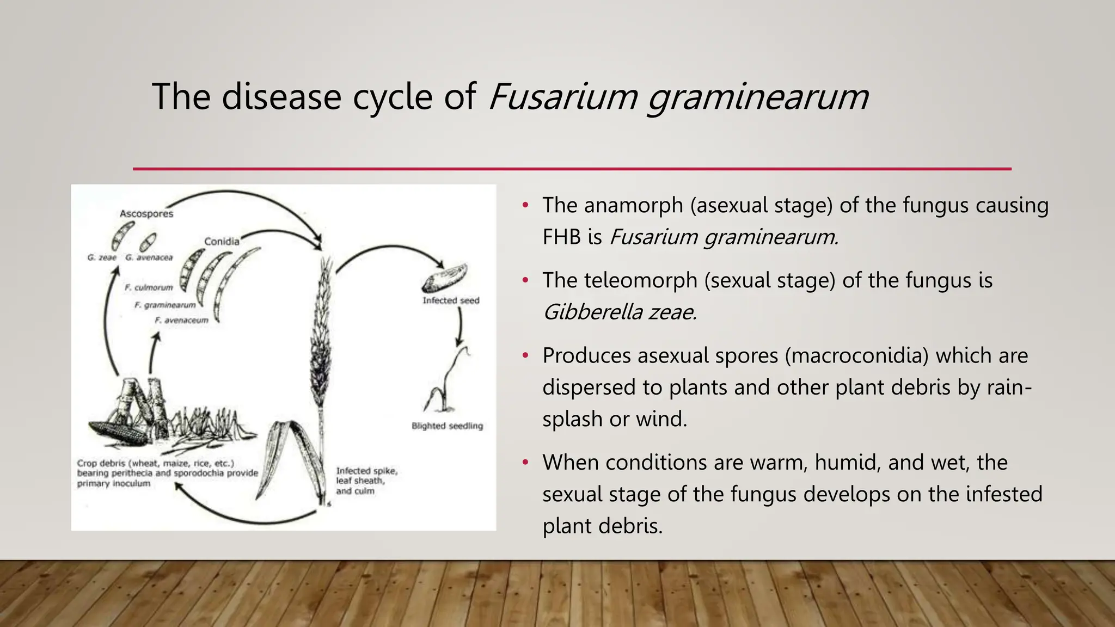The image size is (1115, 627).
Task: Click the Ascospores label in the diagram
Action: point(146,214)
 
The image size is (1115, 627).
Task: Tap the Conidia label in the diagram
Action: point(222,241)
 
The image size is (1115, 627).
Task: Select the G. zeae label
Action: point(102,257)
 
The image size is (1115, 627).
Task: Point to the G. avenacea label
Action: point(149,257)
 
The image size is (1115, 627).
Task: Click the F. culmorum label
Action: point(148,287)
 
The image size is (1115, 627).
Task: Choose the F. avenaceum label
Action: point(181,320)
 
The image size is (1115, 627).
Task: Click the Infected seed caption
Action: point(451,300)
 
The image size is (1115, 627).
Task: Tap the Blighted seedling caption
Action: point(447,426)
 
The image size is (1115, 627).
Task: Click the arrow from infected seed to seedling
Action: point(460,327)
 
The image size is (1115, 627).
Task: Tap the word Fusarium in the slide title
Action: point(563,97)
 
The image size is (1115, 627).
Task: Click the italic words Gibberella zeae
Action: point(620,312)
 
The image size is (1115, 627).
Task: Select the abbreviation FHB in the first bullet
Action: point(561,237)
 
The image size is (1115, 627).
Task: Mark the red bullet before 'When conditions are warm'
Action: point(525,463)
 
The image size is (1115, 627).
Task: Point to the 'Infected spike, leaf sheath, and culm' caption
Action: point(366,481)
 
